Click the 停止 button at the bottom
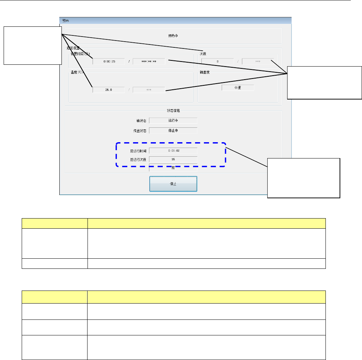coord(173,184)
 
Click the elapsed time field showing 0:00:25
coord(108,62)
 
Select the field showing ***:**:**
coord(149,62)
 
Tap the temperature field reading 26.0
coord(108,90)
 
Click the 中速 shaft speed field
coord(238,88)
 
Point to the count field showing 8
coord(217,62)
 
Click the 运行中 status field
coord(173,120)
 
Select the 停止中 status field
coord(173,131)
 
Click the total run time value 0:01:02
coord(173,150)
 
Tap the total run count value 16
coord(173,159)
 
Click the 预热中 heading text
coord(174,36)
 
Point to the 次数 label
coord(203,54)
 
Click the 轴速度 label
coord(204,72)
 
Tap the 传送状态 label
coord(140,131)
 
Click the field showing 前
coord(173,168)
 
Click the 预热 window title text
coord(65,21)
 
